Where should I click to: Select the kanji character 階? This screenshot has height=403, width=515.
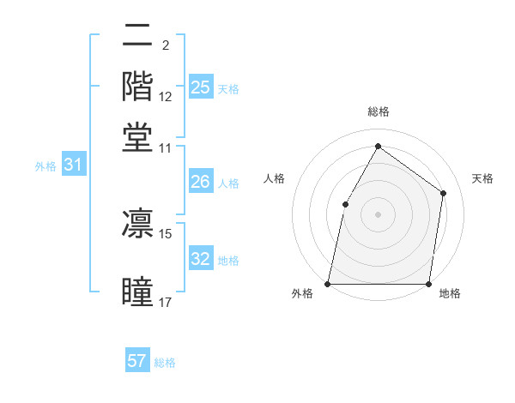(x=137, y=86)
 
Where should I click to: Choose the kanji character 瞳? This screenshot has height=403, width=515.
(x=137, y=292)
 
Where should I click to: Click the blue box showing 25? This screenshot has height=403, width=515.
(x=200, y=87)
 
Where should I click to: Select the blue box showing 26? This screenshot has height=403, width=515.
(x=200, y=182)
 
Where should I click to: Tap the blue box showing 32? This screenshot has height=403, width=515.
(x=200, y=259)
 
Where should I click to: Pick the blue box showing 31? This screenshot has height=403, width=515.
(x=73, y=165)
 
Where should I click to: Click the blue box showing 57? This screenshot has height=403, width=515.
(x=137, y=361)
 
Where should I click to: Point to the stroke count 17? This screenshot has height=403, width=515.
(x=165, y=302)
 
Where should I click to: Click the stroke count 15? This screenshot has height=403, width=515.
(x=165, y=232)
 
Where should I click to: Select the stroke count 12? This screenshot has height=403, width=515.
(x=166, y=98)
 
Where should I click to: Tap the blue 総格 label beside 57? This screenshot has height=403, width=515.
(x=165, y=363)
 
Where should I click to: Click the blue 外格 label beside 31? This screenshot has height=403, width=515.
(x=45, y=166)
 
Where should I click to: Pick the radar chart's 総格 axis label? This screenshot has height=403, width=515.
(x=378, y=111)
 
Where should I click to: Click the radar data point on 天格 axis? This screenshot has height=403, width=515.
(x=443, y=193)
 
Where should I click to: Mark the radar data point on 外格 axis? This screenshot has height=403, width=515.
(x=328, y=283)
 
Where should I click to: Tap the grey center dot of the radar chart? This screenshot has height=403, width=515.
(x=378, y=214)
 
